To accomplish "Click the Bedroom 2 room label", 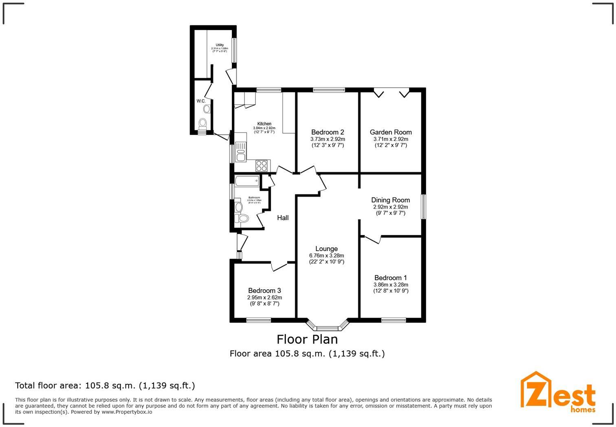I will (x=328, y=132).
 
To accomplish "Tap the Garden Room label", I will (x=391, y=132).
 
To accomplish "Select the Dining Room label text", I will (x=390, y=200).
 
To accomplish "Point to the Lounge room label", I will (x=326, y=249).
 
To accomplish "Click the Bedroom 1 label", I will (x=391, y=278).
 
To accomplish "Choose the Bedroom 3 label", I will (x=264, y=291).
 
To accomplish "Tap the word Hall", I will (x=283, y=218).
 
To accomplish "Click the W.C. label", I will (x=201, y=101).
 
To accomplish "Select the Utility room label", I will (x=220, y=45).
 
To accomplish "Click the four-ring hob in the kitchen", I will (x=262, y=165).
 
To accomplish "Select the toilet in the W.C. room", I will (x=202, y=123).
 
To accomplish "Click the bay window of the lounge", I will (x=328, y=326).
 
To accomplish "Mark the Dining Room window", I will (x=424, y=207).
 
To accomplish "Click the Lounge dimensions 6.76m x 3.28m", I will (x=326, y=255).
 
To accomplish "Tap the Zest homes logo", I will (x=558, y=391).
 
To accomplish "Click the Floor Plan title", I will (x=307, y=339).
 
